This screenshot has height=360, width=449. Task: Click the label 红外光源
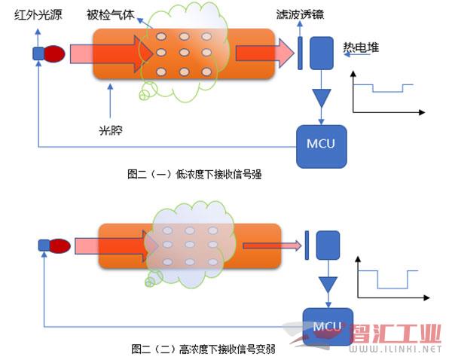pos(38,14)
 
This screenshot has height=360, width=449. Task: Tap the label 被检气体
pos(111,14)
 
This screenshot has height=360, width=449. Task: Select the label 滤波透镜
pos(300,14)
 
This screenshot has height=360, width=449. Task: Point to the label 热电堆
pos(361,47)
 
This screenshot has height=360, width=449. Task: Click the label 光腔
pos(111,130)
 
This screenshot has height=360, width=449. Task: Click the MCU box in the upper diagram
pos(321,147)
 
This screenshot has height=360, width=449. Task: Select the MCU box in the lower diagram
pos(328,327)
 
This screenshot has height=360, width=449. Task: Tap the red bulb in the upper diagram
pos(55,53)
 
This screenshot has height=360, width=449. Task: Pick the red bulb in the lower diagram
pos(60,246)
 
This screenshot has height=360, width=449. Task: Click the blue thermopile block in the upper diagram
pos(322,53)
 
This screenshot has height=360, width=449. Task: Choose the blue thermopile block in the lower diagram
pos(328,246)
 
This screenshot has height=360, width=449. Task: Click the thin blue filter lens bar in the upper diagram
pos(300,53)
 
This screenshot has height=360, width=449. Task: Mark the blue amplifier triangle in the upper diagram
pos(321,97)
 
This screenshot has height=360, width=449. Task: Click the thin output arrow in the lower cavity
pos(272,246)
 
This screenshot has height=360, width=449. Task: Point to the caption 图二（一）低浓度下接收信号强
pos(194,174)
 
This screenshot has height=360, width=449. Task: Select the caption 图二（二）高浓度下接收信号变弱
pos(203,349)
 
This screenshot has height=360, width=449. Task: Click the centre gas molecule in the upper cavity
pos(184,53)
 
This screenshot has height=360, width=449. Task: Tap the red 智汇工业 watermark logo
pos(396,334)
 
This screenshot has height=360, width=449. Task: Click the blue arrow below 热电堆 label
pos(357,54)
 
